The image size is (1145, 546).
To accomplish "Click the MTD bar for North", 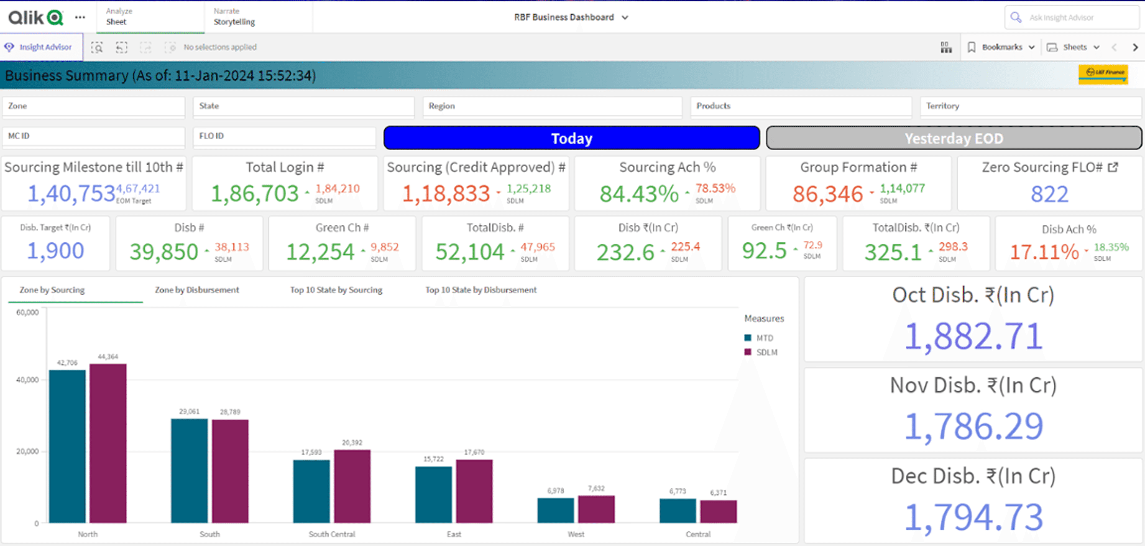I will point(67,446).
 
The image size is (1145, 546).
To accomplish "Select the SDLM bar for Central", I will point(718,511).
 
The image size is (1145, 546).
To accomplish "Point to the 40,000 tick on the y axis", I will point(28,380).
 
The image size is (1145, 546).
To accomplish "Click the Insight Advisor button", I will point(41,47).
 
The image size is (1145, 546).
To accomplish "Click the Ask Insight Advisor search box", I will point(1071,17).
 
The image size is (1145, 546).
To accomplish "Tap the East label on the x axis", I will point(454,534).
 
